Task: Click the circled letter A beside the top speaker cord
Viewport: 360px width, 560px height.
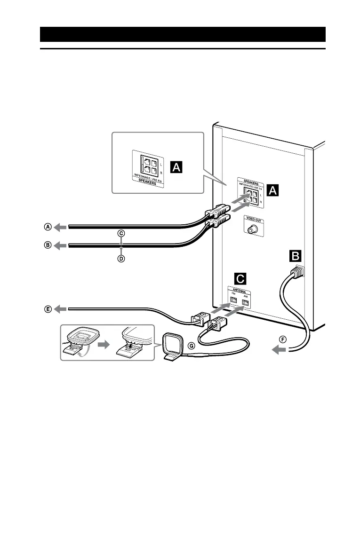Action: pyautogui.click(x=48, y=227)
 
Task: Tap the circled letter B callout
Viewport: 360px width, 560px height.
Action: pyautogui.click(x=48, y=245)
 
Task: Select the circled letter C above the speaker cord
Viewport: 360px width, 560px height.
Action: pyautogui.click(x=121, y=233)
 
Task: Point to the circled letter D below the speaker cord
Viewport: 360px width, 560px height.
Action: pyautogui.click(x=121, y=259)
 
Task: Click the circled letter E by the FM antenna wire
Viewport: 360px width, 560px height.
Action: pyautogui.click(x=48, y=309)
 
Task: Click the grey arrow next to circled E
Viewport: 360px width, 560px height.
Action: pyautogui.click(x=61, y=309)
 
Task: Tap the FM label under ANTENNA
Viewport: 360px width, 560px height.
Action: pyautogui.click(x=232, y=295)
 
